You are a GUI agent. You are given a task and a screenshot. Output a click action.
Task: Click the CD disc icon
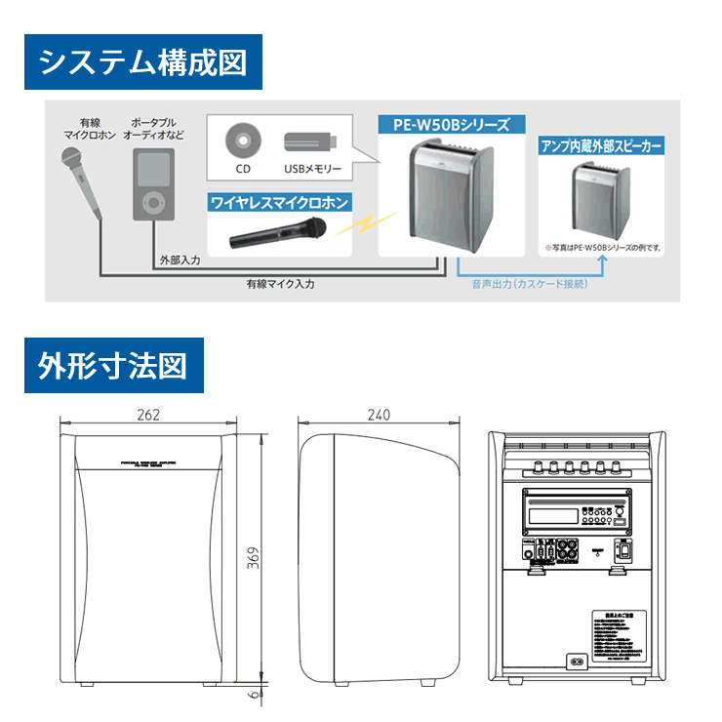coord(241,142)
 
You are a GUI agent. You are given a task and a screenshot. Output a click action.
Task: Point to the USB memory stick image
coord(311,142)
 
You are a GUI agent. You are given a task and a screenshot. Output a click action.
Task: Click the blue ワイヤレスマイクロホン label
coord(278,203)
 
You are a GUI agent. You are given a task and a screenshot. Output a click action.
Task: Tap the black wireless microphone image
coord(278,233)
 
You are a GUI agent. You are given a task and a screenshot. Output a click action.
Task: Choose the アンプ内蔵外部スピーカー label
coord(600,146)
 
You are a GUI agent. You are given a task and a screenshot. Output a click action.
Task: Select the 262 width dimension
coord(148,415)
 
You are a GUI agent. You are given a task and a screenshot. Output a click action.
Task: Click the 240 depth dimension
coord(379,415)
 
